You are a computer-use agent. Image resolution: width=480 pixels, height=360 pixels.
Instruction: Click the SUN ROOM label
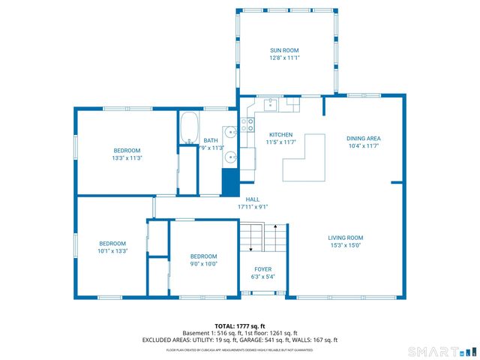pyautogui.click(x=284, y=50)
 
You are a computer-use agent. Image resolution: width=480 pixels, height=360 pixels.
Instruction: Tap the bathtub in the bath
pyautogui.click(x=189, y=128)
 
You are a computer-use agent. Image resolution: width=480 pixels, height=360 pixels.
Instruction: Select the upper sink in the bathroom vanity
pyautogui.click(x=232, y=132)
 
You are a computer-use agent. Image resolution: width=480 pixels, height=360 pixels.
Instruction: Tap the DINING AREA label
pyautogui.click(x=364, y=138)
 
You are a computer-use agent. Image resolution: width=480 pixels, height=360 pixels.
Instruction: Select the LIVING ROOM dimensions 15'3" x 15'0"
pyautogui.click(x=345, y=245)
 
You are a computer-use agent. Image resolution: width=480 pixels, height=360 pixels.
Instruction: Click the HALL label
pyautogui.click(x=253, y=199)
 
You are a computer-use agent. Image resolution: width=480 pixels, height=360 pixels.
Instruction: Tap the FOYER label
pyautogui.click(x=262, y=268)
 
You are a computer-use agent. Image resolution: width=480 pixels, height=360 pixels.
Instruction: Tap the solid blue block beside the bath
pyautogui.click(x=229, y=182)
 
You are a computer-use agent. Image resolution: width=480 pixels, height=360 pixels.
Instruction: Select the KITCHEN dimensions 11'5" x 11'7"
pyautogui.click(x=280, y=142)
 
